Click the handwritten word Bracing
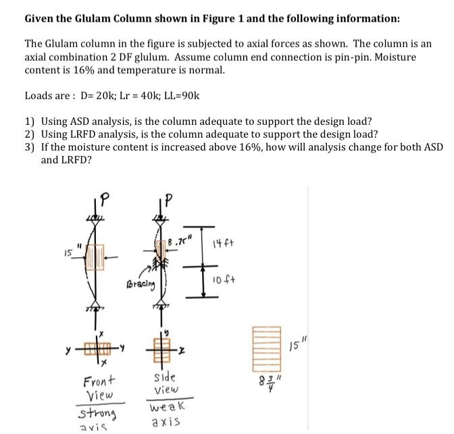click(141, 287)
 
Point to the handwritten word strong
click(98, 412)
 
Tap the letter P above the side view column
click(169, 199)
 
